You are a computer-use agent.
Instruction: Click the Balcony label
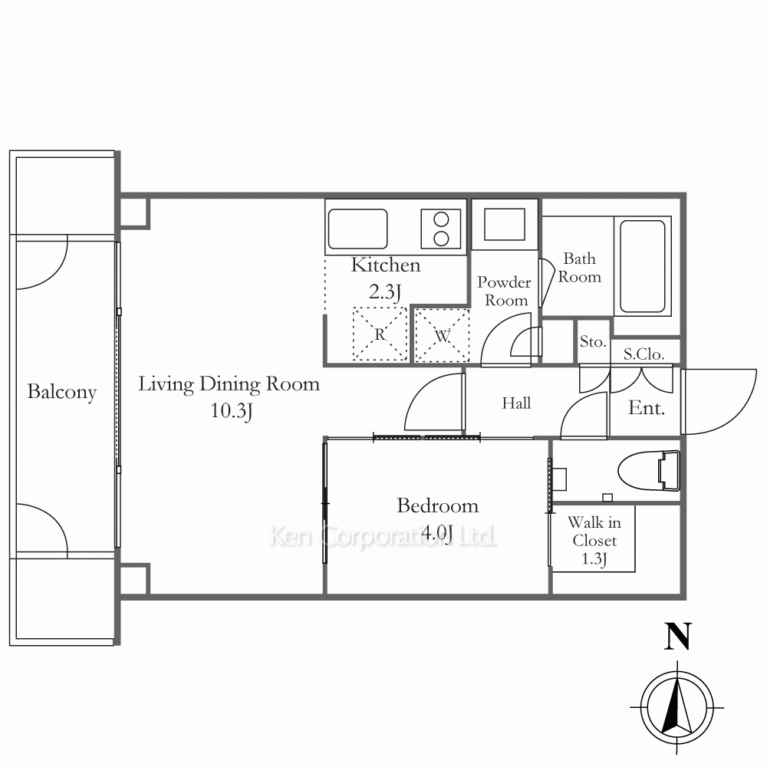tap(61, 392)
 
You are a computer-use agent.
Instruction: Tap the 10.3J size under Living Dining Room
tap(231, 411)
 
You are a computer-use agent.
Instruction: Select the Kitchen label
tap(386, 265)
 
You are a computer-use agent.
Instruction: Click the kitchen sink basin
tap(357, 229)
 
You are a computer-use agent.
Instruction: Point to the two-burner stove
tap(441, 229)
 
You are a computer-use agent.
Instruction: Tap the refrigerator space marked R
tap(380, 334)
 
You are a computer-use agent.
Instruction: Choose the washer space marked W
tap(442, 336)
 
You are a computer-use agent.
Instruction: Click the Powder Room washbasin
tap(505, 225)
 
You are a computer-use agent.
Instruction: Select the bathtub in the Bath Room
tap(643, 267)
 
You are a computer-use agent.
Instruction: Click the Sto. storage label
tap(593, 341)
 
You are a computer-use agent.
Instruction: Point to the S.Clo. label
tap(644, 354)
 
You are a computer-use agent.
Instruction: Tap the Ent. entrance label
tap(646, 408)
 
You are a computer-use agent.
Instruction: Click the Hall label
tap(516, 403)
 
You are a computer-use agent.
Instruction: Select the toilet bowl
tap(649, 471)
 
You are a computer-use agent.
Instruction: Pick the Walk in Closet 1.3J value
tap(594, 558)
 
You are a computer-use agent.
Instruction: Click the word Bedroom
tap(437, 505)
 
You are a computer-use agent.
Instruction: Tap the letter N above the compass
tap(677, 636)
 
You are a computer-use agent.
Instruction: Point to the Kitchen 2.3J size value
tap(385, 292)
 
